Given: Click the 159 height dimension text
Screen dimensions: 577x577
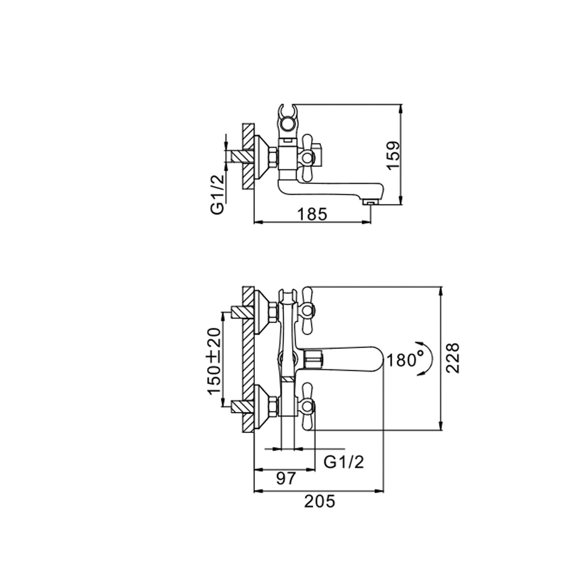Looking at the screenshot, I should coord(394,155).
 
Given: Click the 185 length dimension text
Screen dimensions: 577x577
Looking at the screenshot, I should coord(312,213).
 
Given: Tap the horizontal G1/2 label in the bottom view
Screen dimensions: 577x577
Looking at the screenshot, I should coord(344,461).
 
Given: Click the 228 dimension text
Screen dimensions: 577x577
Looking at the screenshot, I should coord(454,358).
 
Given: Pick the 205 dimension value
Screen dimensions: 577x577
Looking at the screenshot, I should coord(319,501).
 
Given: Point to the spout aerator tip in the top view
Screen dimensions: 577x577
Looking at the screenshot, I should coord(369,201).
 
